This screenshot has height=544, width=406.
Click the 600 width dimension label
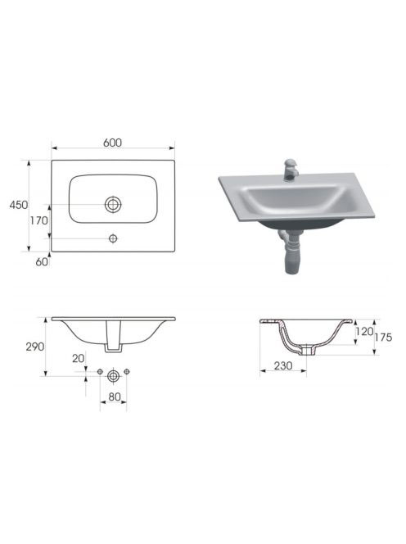(x=113, y=143)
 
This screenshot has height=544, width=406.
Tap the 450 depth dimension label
(x=19, y=205)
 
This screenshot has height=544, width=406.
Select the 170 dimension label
(x=38, y=220)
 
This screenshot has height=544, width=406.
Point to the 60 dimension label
(x=42, y=261)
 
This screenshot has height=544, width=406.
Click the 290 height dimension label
(x=35, y=347)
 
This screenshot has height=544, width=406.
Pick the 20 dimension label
(x=79, y=358)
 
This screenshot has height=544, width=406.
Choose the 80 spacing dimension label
(x=115, y=397)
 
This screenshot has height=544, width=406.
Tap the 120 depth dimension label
(x=364, y=332)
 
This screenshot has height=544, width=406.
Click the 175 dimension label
(x=383, y=337)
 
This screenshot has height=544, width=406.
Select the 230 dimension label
(x=283, y=365)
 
